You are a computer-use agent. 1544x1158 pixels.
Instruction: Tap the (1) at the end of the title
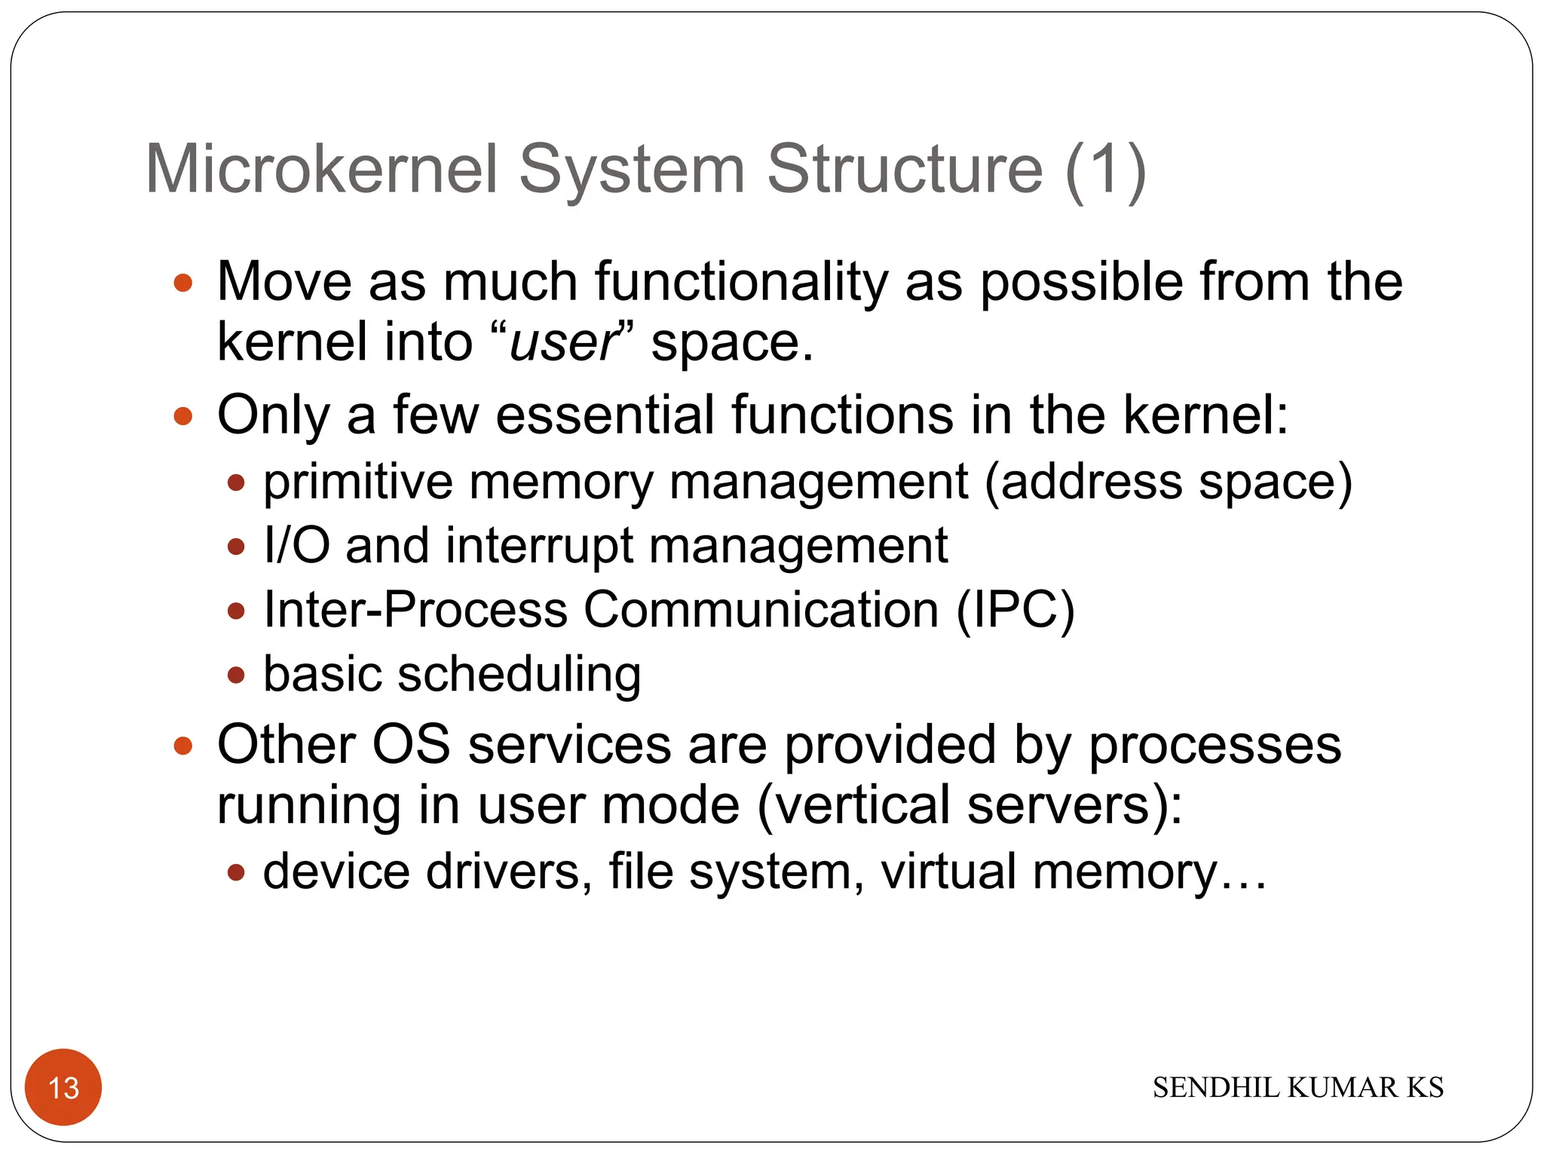(1105, 170)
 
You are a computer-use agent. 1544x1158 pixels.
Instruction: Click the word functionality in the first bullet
(741, 283)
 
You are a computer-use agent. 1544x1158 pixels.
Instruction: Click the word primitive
(357, 482)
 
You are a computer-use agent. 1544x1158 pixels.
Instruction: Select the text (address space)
(1168, 482)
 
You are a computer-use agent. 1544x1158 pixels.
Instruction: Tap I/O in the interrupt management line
(296, 545)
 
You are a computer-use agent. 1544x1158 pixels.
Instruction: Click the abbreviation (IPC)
(1015, 609)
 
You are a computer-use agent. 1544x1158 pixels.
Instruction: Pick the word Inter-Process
(415, 609)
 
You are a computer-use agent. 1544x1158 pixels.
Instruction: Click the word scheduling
(519, 674)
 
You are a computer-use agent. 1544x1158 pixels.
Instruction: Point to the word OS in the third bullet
(411, 745)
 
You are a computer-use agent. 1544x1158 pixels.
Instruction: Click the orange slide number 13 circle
(63, 1087)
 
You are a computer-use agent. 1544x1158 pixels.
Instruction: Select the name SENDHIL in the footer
(1217, 1088)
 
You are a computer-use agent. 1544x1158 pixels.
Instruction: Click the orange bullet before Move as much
(183, 283)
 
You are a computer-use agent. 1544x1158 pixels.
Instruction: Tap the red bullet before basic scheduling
(236, 674)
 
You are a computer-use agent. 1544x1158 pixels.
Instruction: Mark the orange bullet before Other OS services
(183, 746)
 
